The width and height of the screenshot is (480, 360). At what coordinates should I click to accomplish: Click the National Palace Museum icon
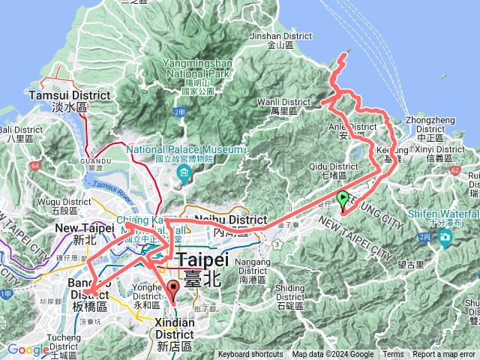184,175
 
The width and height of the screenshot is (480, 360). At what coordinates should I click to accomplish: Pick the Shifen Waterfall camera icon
446,239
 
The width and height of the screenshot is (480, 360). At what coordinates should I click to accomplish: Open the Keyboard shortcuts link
250,355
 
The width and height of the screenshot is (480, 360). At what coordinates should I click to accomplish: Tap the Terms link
393,355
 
